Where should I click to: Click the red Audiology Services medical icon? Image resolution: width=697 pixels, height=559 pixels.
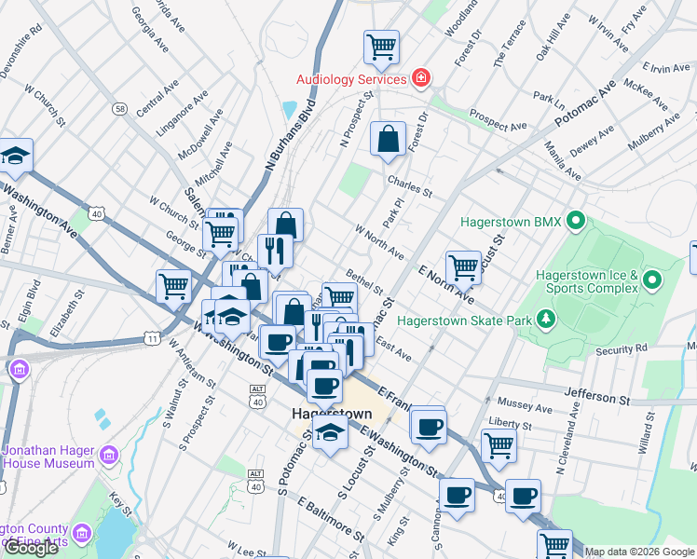[x=422, y=78]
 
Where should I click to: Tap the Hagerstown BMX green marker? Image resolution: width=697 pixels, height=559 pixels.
[x=576, y=222]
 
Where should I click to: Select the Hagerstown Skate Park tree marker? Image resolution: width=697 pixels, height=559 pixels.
[x=548, y=320]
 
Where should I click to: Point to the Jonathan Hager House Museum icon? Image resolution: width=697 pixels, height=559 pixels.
[x=109, y=455]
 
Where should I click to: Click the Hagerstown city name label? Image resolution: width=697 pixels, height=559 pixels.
[x=331, y=414]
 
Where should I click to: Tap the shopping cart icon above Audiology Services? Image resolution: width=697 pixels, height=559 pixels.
[x=381, y=46]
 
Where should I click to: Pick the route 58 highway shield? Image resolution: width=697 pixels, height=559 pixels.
[x=120, y=109]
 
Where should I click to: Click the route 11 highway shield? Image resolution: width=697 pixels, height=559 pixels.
[x=152, y=339]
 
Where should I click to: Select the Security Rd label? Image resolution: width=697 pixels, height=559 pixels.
[x=621, y=349]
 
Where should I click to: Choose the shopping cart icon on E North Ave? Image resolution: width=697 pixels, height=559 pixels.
[x=462, y=267]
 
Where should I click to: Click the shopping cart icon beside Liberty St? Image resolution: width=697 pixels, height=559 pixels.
[x=499, y=446]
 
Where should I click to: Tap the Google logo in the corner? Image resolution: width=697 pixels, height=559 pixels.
[x=31, y=548]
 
